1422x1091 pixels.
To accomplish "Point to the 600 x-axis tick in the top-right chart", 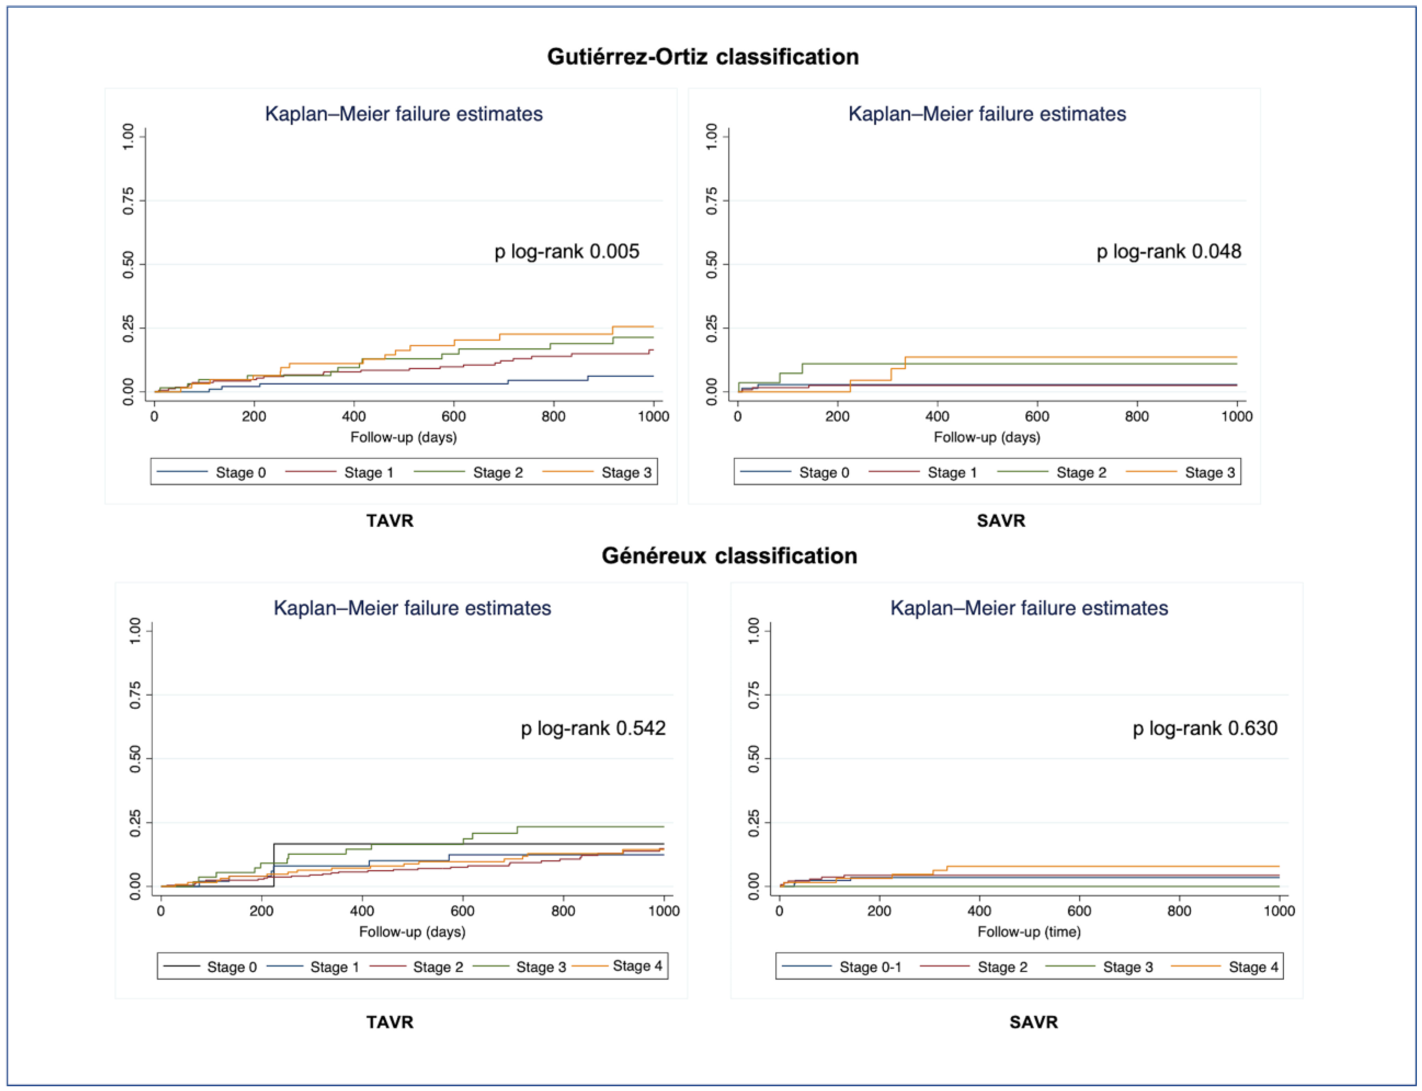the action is (x=1037, y=416).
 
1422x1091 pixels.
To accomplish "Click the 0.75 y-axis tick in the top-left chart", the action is (x=129, y=201).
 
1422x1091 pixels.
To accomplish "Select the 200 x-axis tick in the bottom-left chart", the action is (x=261, y=911).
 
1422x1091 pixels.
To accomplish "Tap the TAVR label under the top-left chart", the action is (x=390, y=521).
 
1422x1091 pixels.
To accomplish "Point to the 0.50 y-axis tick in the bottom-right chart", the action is (x=754, y=759).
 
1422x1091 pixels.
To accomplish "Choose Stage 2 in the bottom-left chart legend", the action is (x=417, y=967).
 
